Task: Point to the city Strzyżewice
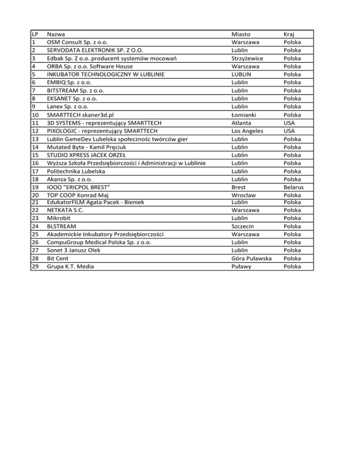pos(250,58)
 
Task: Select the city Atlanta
pos(242,122)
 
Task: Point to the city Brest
pos(240,187)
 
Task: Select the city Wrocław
pos(244,195)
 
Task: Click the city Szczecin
pos(245,226)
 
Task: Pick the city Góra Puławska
pos(252,258)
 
